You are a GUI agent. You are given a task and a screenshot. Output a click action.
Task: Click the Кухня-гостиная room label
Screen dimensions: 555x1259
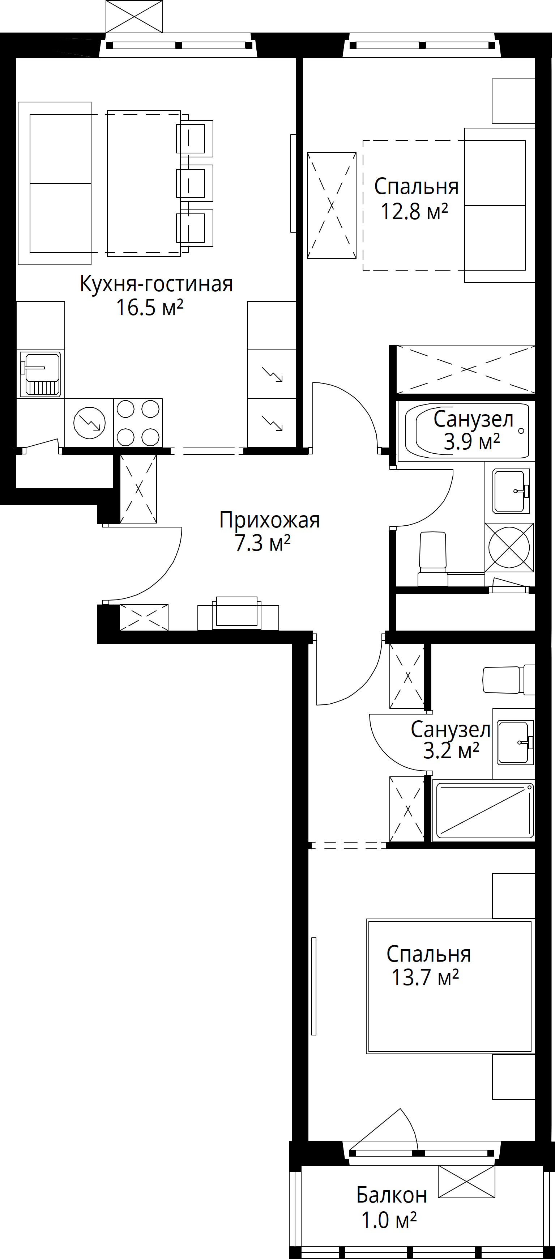coord(156,284)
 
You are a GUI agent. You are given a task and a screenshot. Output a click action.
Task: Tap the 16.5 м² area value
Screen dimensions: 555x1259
coord(149,308)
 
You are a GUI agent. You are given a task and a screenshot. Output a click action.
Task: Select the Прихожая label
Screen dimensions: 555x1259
coord(269,520)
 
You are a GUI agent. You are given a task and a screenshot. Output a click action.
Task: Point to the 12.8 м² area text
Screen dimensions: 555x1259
coord(414,212)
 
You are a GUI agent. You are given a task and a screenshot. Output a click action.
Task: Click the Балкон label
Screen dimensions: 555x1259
coord(392,1195)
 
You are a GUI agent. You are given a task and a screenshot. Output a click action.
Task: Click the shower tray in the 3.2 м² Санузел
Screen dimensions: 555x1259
coord(484,810)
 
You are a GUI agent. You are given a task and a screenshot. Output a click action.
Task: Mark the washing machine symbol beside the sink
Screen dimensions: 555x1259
coord(509,547)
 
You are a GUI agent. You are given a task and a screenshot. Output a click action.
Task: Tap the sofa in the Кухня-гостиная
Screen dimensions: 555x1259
coord(55,183)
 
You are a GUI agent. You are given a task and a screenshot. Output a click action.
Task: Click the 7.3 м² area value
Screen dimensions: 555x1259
coord(263,543)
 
